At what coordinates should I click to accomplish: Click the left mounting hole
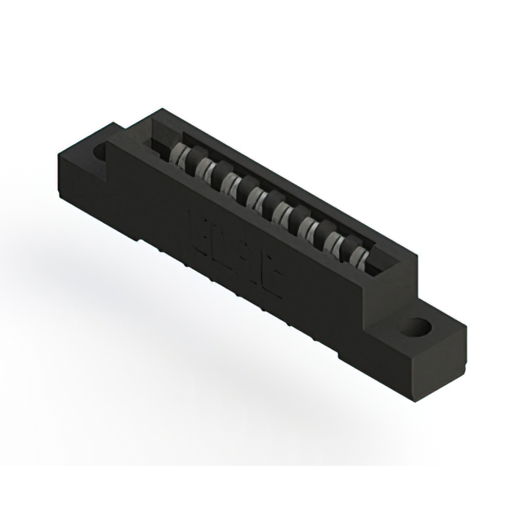coord(100,152)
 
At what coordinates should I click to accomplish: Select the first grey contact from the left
coord(182,154)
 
